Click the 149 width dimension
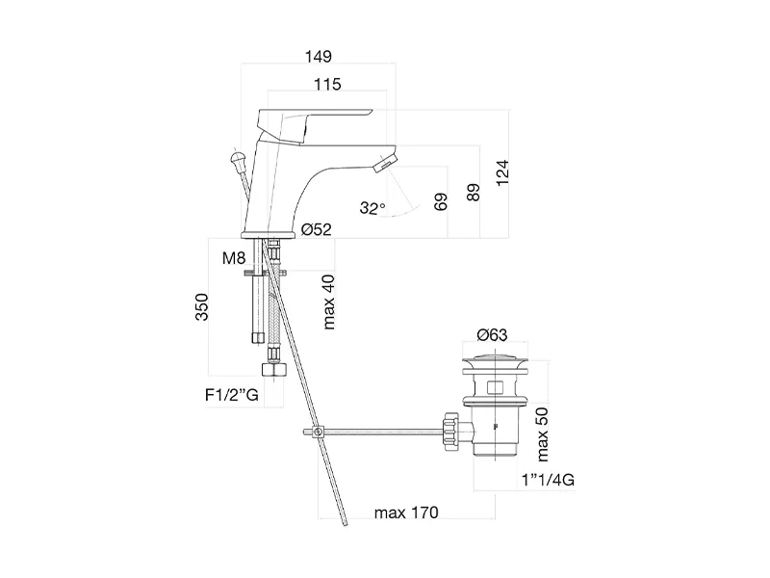click(x=319, y=56)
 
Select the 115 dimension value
click(x=327, y=86)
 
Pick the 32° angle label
click(x=372, y=207)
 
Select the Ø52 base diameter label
click(x=316, y=229)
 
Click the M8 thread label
click(x=233, y=258)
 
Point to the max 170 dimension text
click(x=404, y=512)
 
